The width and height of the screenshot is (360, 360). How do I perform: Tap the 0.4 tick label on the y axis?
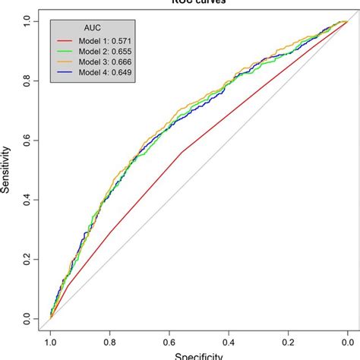27,200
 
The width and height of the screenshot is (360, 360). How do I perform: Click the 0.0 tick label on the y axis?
27,318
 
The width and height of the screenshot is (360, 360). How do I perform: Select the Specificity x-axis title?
198,355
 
